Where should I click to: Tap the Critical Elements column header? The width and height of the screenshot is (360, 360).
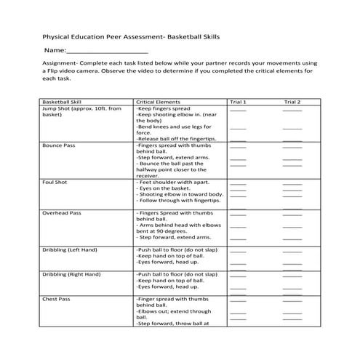pyautogui.click(x=158, y=103)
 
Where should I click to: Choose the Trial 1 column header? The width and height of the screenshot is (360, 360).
pyautogui.click(x=239, y=103)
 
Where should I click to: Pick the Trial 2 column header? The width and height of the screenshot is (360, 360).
pyautogui.click(x=292, y=103)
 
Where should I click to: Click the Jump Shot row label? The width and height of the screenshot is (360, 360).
pyautogui.click(x=81, y=109)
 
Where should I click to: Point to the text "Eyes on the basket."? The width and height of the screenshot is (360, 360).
pyautogui.click(x=164, y=188)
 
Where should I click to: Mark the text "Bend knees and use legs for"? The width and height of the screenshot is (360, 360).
pyautogui.click(x=173, y=127)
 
